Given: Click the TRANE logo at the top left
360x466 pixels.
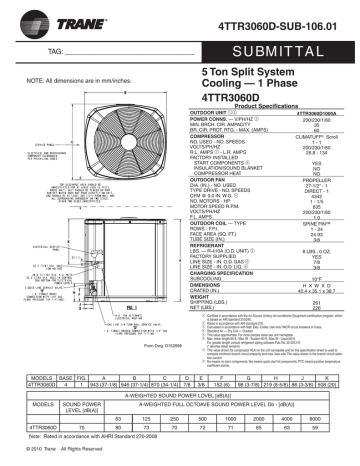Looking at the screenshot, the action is (45, 17).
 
